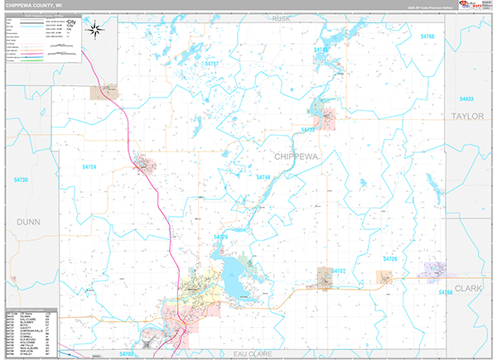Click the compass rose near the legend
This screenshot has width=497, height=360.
[95, 31]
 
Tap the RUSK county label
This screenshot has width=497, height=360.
[282, 19]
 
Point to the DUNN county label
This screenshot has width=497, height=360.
[29, 222]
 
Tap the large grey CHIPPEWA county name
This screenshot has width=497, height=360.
[295, 156]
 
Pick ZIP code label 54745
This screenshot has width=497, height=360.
[321, 50]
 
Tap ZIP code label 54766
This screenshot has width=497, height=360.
[427, 37]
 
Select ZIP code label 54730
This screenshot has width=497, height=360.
[21, 180]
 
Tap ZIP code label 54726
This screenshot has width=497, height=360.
[389, 260]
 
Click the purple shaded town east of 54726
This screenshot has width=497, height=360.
[434, 271]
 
